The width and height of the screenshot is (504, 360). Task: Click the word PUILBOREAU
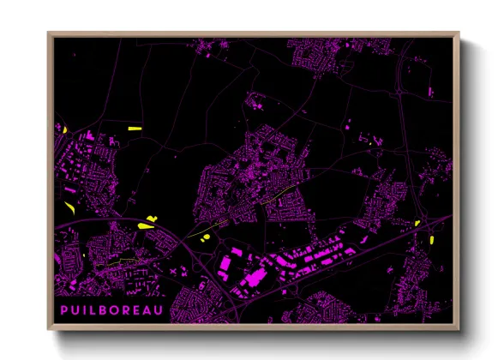click(111, 308)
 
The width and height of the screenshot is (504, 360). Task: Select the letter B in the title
click(105, 308)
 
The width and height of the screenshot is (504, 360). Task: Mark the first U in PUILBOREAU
click(75, 308)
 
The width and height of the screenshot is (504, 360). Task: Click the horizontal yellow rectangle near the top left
click(135, 129)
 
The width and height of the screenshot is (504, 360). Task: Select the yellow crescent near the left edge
click(69, 207)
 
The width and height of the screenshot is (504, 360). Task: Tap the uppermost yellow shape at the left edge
click(64, 129)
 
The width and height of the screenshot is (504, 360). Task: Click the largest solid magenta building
click(252, 279)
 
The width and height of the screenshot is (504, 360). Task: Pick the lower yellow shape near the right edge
click(432, 238)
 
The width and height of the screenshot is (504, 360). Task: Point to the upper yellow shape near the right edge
click(417, 223)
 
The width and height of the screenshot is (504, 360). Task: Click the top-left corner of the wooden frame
click(49, 33)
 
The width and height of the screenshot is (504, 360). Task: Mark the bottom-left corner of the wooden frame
click(49, 330)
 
